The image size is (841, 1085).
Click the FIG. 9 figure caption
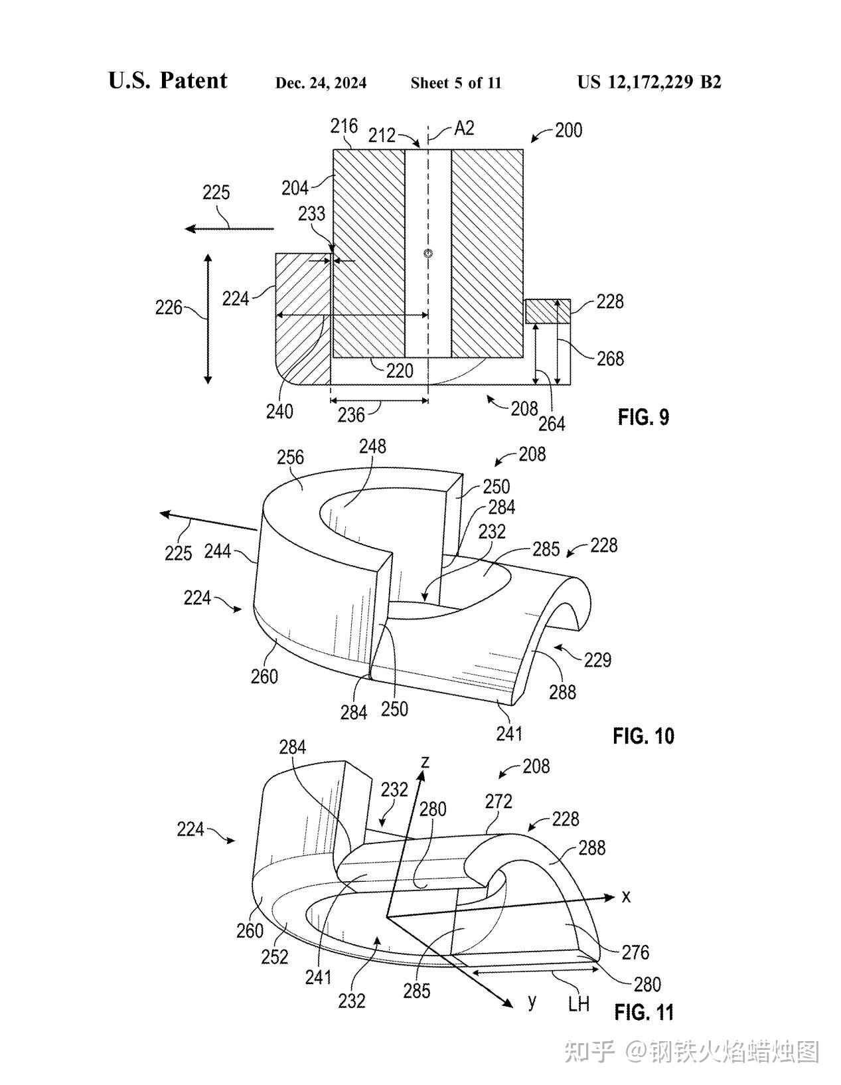click(x=643, y=417)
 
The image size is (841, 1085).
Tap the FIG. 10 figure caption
click(x=643, y=736)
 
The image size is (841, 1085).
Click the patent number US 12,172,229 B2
click(x=649, y=82)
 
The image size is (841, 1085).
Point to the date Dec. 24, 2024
click(x=321, y=83)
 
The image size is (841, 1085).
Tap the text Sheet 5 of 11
click(x=456, y=83)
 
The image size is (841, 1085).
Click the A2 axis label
click(x=464, y=129)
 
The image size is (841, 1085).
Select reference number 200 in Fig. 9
click(x=568, y=130)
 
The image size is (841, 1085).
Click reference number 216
click(x=344, y=126)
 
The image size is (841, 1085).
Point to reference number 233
click(x=311, y=214)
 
